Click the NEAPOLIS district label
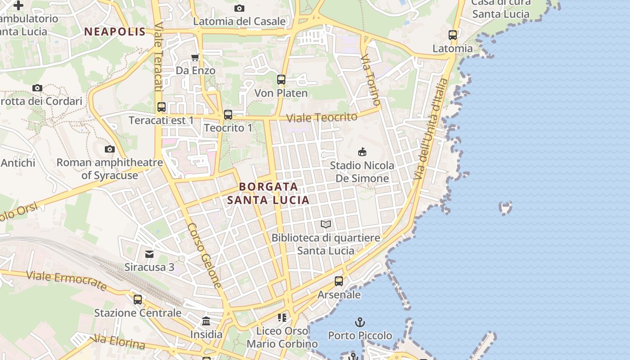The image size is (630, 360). [x=115, y=31]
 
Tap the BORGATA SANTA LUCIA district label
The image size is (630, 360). [x=268, y=193]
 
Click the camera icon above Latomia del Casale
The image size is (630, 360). [x=239, y=8]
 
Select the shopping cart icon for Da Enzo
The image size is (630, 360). [x=195, y=57]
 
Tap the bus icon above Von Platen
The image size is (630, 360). [x=281, y=80]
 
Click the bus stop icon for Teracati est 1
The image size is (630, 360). [x=162, y=107]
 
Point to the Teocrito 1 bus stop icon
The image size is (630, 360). [x=228, y=115]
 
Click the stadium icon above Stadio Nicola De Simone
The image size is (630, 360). [x=362, y=152]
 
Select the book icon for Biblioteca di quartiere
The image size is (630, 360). [x=326, y=224]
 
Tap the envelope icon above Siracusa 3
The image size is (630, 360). [x=149, y=254]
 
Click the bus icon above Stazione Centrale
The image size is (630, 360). [x=138, y=299]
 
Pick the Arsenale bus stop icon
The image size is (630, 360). [x=339, y=281]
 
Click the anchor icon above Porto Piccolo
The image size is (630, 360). [x=360, y=322]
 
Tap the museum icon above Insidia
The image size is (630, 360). [x=206, y=321]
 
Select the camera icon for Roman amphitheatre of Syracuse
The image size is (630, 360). [x=109, y=149]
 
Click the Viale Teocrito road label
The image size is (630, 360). [x=322, y=117]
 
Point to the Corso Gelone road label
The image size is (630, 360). [x=205, y=255]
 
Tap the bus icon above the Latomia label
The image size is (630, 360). [x=453, y=35]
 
